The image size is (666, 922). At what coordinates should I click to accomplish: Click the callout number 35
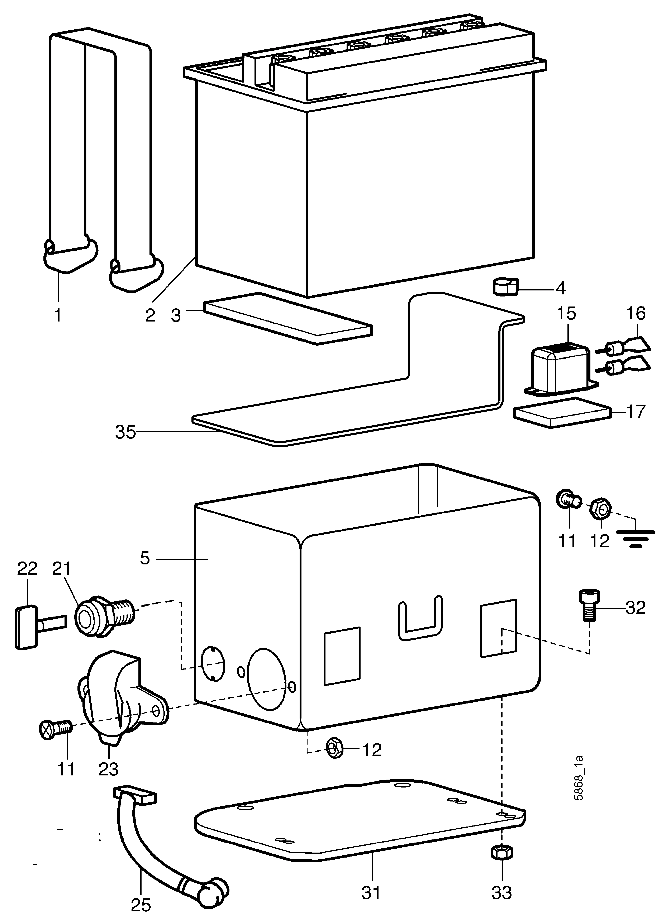pyautogui.click(x=125, y=432)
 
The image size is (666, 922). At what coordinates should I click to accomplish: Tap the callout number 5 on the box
pyautogui.click(x=145, y=559)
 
